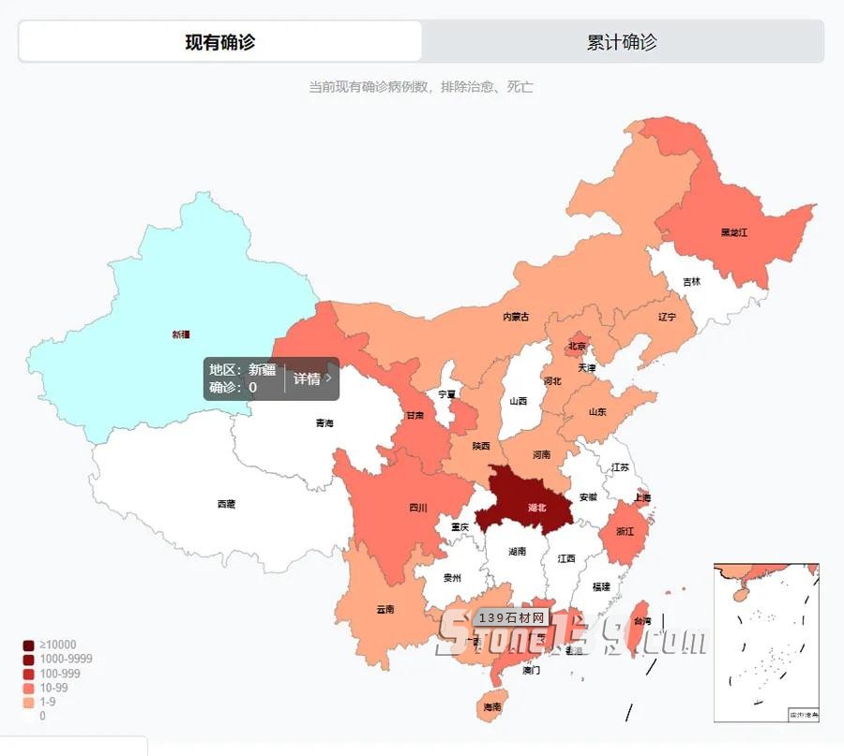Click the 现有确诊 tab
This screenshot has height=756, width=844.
(219, 42)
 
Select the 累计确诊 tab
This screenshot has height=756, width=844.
(622, 42)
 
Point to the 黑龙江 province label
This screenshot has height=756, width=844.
(734, 231)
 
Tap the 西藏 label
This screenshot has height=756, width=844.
(226, 504)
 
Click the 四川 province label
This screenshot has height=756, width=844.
(418, 509)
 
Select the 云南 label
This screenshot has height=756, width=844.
(385, 609)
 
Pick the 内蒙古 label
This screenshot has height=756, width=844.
(516, 317)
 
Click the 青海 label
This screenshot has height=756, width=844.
(324, 423)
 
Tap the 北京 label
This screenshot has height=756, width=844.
(577, 347)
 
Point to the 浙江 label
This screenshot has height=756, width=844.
(625, 531)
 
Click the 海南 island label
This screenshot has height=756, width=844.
(492, 707)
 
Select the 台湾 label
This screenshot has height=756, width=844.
(642, 621)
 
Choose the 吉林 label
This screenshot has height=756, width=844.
(691, 281)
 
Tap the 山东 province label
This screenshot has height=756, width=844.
(597, 412)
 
